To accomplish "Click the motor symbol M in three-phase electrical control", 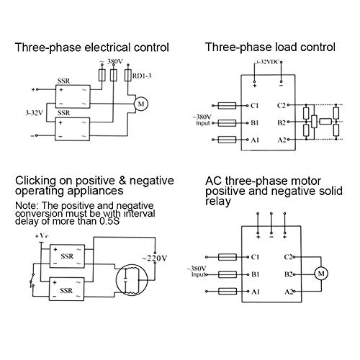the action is pos(141,104).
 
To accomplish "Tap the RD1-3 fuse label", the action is pos(142,76).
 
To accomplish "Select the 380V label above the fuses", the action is pos(115,62).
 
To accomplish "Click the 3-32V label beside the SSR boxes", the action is pos(35,113).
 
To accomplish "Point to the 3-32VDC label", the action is pos(267,62).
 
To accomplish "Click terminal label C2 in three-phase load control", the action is pos(282,105).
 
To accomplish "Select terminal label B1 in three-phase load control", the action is pos(254,123).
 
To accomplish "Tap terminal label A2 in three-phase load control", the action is pos(282,140).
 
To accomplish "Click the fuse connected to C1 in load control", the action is pos(227,105).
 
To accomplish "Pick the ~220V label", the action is pos(155,258).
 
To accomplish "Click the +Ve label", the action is pos(42,236).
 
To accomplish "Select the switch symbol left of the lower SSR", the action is pos(32,280).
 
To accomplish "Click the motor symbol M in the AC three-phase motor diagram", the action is pos(321,274).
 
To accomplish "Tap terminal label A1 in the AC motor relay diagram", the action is pos(256,292).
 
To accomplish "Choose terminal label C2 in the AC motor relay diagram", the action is pos(288,257).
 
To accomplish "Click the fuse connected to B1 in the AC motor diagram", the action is pos(228,274).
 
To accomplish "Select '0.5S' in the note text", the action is pos(109,221).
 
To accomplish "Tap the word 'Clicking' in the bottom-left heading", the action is pos(36,181).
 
